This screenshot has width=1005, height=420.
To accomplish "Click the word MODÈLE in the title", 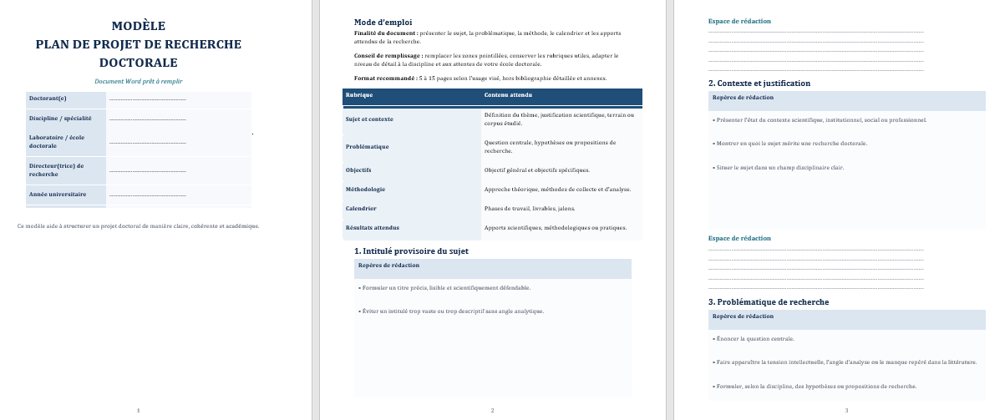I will (138, 26).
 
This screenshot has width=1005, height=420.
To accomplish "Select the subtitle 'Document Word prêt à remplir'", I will (138, 81).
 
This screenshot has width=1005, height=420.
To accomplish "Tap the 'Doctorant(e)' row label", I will (48, 99).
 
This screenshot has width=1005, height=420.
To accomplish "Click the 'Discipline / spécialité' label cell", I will (60, 119).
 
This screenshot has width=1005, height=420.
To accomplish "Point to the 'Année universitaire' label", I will (58, 194).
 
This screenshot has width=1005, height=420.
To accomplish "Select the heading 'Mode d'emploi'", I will (383, 22).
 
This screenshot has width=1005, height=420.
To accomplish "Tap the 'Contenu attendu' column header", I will (508, 94).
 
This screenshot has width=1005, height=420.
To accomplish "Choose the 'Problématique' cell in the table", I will (368, 146).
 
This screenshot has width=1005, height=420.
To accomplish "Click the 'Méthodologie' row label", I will (365, 189).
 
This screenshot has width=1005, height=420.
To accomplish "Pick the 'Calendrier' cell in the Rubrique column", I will (361, 208).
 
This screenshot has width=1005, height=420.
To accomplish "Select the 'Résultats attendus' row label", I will (373, 227).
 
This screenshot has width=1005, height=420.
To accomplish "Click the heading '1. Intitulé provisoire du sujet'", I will (411, 250).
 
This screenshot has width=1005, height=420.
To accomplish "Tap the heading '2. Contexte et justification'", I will (759, 83).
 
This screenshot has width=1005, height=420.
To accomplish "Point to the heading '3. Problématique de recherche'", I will (768, 301).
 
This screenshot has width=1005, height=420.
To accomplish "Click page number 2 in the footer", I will (492, 410).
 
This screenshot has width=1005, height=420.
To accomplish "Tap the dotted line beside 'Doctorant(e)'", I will (147, 100).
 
